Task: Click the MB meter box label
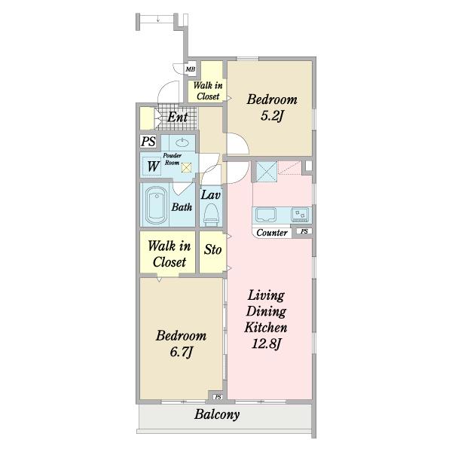191,69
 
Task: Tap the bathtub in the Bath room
156,205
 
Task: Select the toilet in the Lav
211,215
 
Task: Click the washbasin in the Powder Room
182,142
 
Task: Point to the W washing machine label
154,166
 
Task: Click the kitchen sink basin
265,215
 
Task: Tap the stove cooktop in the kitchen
300,215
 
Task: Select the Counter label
272,233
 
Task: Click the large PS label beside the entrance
148,142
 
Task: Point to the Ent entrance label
178,117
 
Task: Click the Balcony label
217,414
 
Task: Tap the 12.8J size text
267,344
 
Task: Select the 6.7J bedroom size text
181,352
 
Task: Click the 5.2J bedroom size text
272,116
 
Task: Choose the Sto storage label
212,249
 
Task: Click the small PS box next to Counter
304,231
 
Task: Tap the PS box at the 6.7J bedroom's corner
218,397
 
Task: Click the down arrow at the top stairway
158,19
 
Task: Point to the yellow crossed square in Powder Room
187,168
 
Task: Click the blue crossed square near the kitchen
267,172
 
